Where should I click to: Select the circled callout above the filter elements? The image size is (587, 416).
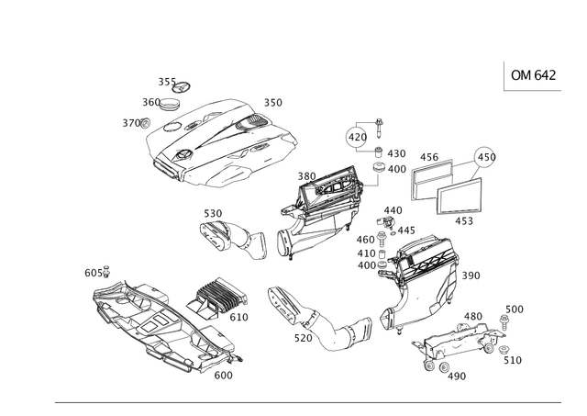[483, 154]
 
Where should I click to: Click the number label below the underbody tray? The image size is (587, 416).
[223, 375]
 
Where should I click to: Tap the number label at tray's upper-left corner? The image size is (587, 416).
[94, 272]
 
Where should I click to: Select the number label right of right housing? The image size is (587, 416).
[471, 274]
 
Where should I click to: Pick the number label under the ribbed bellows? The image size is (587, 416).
[238, 318]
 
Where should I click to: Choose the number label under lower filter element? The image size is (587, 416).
[465, 220]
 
